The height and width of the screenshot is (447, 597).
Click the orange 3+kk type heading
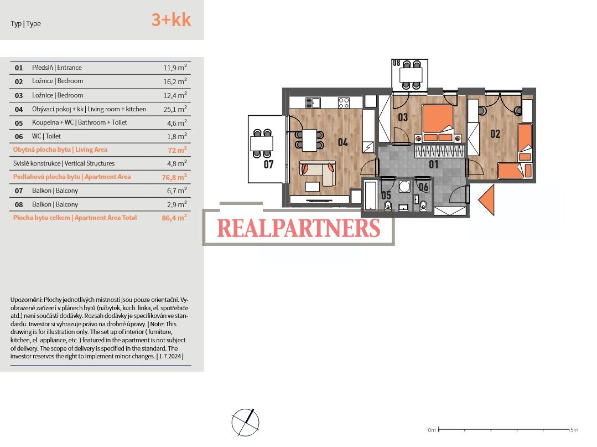[171, 20]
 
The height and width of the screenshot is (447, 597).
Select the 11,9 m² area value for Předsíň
[175, 68]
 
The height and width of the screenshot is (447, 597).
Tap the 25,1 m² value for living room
[175, 109]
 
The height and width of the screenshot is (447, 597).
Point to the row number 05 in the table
[19, 123]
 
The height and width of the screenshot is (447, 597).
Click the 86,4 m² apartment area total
[174, 218]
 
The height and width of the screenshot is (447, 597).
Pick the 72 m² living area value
[178, 150]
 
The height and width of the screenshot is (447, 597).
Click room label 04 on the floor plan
[342, 142]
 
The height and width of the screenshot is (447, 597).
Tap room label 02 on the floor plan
[495, 133]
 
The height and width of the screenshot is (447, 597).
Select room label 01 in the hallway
[433, 165]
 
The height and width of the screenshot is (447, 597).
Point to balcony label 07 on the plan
[268, 165]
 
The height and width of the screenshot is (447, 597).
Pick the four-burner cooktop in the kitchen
[344, 102]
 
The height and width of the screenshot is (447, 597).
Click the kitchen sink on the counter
[313, 102]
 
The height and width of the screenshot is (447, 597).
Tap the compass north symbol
[246, 422]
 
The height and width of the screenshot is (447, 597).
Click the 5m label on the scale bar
[574, 430]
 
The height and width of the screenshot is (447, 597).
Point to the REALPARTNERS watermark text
[299, 228]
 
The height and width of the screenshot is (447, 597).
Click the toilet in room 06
[423, 206]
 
